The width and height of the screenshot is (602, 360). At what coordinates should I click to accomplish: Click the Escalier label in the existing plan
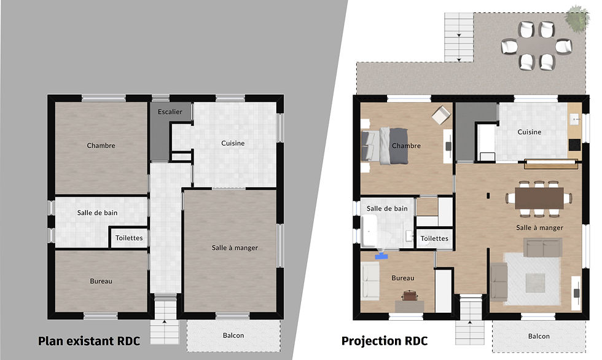[x=170, y=112]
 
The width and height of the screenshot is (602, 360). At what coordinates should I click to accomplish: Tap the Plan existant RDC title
[x=88, y=341]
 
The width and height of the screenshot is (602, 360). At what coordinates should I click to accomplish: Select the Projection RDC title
[x=385, y=341]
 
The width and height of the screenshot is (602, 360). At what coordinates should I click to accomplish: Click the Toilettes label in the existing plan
[x=129, y=238]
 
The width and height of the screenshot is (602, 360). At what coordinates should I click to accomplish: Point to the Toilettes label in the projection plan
[x=434, y=238]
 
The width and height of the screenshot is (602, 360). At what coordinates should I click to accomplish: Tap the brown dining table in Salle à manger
[x=539, y=198]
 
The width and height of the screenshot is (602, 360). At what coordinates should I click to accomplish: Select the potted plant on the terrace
[x=577, y=18]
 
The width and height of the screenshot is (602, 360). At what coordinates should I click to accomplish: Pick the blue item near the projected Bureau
[x=381, y=256]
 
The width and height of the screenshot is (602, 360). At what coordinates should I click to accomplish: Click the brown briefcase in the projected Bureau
[x=410, y=295]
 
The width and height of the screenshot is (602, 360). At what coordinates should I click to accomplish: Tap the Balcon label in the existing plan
[x=233, y=335]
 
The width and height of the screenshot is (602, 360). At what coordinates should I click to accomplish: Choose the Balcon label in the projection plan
[x=539, y=336]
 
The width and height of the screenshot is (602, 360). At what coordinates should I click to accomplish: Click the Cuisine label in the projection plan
[x=529, y=132]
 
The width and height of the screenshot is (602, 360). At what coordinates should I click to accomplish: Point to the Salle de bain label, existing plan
[x=97, y=213]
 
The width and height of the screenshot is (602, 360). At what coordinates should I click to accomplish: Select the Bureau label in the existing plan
[x=101, y=281]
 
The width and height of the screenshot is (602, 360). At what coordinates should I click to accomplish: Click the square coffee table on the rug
[x=535, y=283]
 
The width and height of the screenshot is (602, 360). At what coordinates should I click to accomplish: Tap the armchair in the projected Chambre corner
[x=441, y=115]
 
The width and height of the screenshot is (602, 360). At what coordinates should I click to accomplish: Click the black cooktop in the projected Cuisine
[x=575, y=145]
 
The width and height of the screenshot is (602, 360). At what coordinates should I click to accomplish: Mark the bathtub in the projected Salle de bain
[x=369, y=230]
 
